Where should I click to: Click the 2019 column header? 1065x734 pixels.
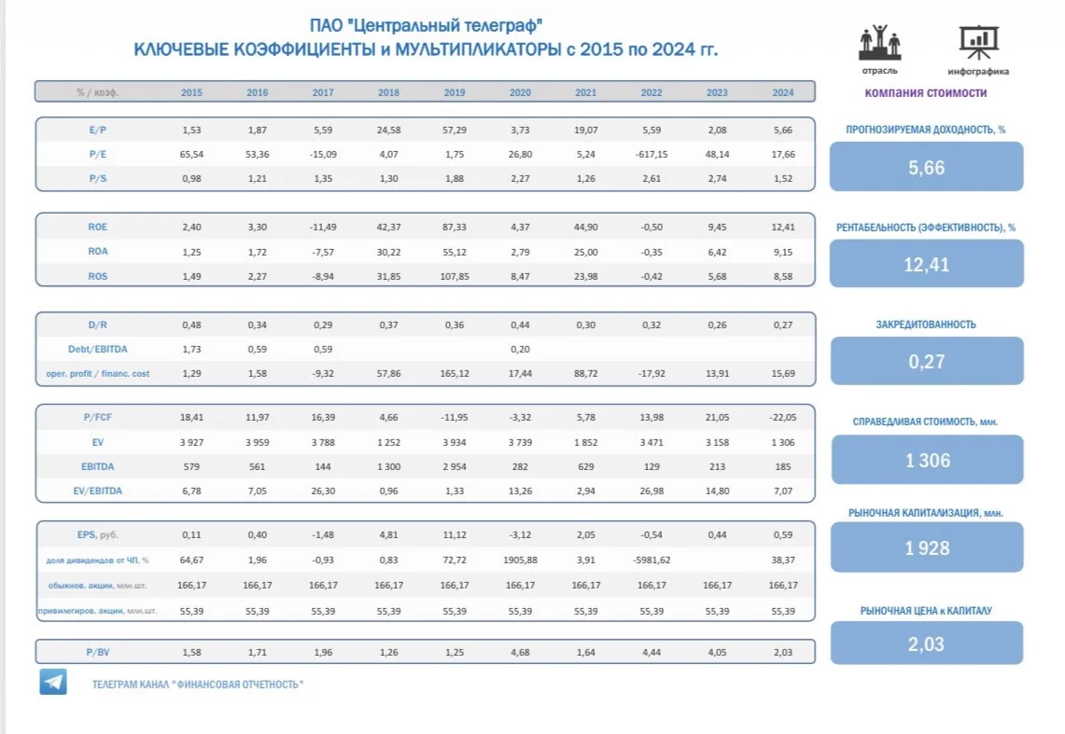coord(455,92)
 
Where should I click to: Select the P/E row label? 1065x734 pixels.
coord(98,154)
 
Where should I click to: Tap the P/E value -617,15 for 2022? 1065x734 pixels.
coord(652,154)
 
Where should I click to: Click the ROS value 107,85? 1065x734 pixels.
coord(455,276)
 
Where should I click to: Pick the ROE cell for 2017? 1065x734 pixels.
coord(323,228)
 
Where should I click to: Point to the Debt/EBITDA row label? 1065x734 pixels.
coord(98,350)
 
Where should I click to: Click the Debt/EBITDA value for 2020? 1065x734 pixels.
coord(520,350)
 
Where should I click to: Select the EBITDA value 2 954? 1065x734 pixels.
coord(455,466)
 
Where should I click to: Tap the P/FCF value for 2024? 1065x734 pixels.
coord(783,417)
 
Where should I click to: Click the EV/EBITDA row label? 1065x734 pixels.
coord(98,492)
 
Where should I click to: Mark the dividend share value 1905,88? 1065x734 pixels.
coord(520,561)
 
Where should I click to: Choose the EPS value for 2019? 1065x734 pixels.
coord(455,534)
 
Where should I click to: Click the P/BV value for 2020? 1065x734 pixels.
coord(520,652)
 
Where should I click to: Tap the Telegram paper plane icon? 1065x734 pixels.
coord(53,682)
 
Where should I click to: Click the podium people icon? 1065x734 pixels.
coord(879,43)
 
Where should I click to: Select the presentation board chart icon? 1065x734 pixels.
coord(978,42)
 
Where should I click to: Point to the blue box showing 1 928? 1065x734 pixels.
coord(927,547)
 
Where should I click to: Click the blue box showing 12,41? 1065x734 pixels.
coord(927,264)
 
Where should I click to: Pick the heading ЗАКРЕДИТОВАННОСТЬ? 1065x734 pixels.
coord(926,325)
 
